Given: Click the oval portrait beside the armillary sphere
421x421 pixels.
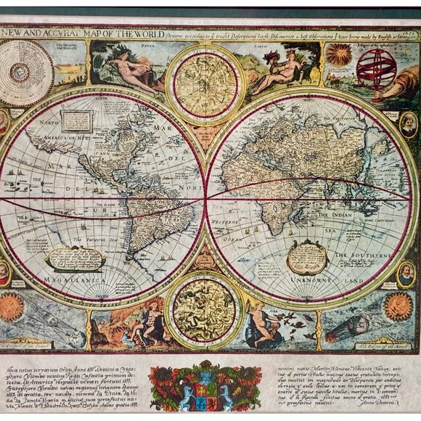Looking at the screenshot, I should pos(409,123).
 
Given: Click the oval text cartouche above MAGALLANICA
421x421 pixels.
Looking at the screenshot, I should pos(75,257).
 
